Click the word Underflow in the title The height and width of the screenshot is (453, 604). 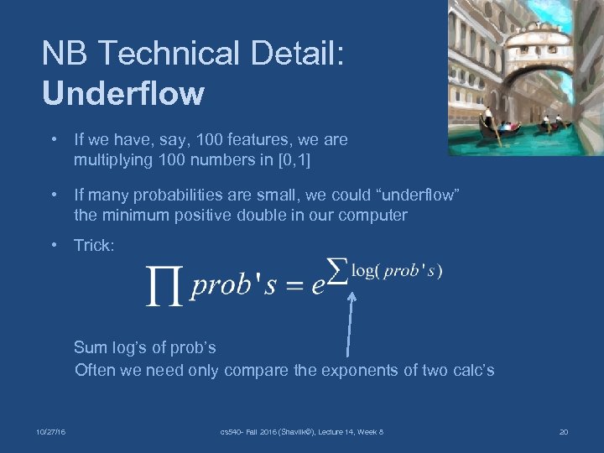click(x=122, y=92)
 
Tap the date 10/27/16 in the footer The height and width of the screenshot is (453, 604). click(x=52, y=432)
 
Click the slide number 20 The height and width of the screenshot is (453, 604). click(x=563, y=432)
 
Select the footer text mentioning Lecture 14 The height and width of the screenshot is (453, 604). click(x=301, y=432)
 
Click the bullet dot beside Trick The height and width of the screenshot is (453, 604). click(x=53, y=246)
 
